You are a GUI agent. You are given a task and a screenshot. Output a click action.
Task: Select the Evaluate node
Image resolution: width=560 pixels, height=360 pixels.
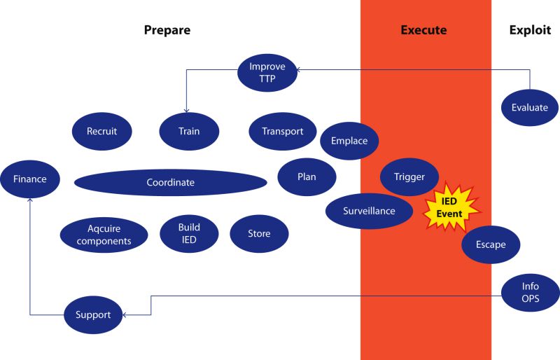pos(530,108)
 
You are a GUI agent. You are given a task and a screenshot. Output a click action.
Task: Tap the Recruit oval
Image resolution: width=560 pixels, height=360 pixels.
pos(101,131)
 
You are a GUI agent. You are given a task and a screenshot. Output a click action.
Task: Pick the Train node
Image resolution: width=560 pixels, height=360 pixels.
pos(189,131)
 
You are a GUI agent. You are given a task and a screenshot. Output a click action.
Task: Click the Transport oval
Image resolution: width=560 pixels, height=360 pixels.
pos(282,131)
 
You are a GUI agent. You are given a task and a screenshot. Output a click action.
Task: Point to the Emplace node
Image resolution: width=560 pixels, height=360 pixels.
pos(349,141)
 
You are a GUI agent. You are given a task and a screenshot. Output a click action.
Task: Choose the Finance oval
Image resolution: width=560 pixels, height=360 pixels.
pos(29,179)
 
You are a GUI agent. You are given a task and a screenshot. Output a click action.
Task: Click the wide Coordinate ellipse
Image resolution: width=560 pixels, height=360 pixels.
pos(170,183)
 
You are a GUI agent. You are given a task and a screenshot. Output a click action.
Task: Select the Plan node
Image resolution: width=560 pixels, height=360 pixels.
pos(307,176)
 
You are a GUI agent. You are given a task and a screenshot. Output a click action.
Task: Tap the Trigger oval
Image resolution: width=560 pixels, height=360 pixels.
pos(409,176)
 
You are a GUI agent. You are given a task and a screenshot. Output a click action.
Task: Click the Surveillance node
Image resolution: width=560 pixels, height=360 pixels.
pos(369,211)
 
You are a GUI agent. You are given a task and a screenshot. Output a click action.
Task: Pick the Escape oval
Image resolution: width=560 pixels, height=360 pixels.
pos(490,245)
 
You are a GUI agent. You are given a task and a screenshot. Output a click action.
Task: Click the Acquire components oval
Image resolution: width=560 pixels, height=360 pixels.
pos(104,235)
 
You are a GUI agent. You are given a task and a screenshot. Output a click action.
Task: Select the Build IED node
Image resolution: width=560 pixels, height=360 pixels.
pos(189,233)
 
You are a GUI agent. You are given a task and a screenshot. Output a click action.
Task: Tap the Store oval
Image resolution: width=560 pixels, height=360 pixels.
pos(259,234)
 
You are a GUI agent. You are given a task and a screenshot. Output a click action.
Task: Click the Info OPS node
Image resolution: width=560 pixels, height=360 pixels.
pos(530,293)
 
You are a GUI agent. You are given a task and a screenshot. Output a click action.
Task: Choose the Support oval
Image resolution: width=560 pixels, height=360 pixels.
pos(93,314)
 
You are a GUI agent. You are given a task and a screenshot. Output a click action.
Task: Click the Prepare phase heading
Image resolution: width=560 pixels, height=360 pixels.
pos(167,30)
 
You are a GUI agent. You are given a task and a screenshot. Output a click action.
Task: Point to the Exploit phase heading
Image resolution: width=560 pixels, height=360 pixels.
pos(529,30)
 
